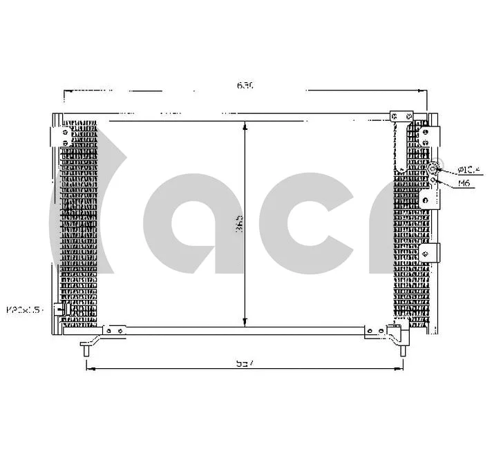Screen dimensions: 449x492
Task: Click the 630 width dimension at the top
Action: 245,86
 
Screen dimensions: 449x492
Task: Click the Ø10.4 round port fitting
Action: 433,169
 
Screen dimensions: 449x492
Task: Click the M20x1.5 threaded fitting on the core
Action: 63,310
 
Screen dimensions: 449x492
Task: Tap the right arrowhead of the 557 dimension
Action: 401,368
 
